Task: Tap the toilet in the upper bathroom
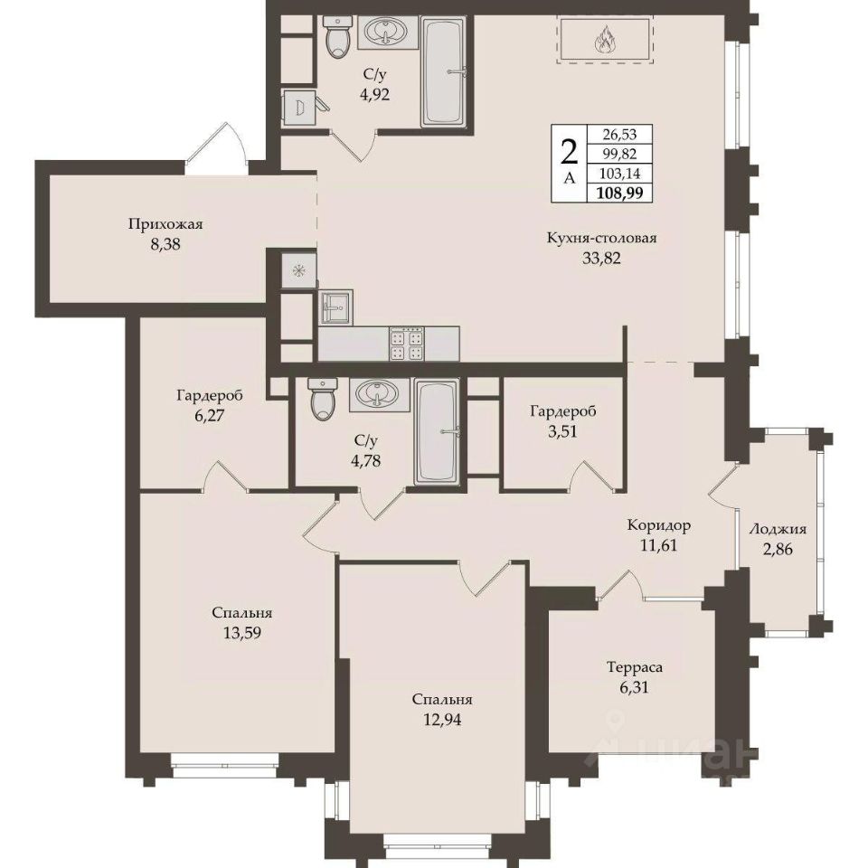tap(336, 36)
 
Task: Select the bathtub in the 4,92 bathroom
tap(445, 71)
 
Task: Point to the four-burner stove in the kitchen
tap(407, 344)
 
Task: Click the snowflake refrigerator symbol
tap(299, 270)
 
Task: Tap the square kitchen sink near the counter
tap(335, 307)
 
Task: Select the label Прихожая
tap(165, 224)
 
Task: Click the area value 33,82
tap(601, 258)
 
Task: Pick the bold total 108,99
tap(618, 193)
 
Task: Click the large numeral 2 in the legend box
tap(569, 152)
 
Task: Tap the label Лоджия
tap(778, 529)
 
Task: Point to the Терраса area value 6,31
tap(635, 687)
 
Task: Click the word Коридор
tap(659, 524)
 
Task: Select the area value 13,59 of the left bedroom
tap(242, 632)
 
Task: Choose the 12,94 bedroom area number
tap(442, 719)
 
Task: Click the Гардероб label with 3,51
tap(563, 412)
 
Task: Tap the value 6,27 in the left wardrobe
tap(209, 415)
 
